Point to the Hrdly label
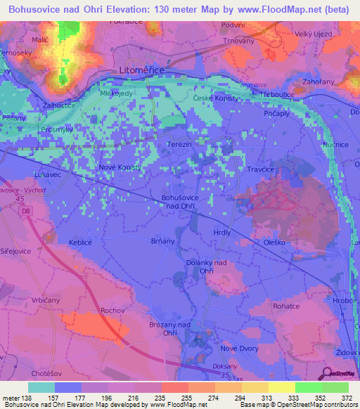pos(222,231)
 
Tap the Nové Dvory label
pos(240,348)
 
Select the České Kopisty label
pos(215,98)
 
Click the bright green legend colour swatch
pos(309,387)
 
